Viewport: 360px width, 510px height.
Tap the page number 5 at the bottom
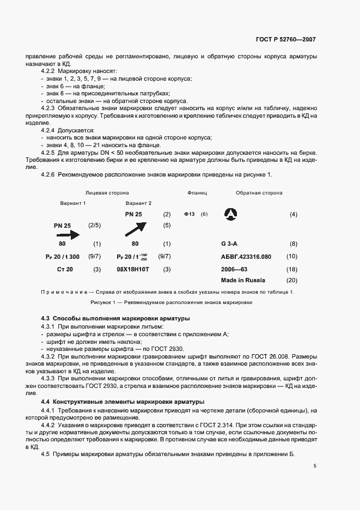pos(315,466)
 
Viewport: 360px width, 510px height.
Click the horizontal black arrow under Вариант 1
pos(67,235)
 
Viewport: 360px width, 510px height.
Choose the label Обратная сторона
pos(259,193)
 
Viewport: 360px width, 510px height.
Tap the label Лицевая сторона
pos(107,193)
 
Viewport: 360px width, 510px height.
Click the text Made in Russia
pos(243,280)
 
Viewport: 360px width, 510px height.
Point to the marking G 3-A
pos(231,244)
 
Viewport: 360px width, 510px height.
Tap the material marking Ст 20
pos(65,269)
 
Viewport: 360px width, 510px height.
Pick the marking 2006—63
pos(235,269)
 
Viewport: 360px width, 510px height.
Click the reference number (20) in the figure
pos(292,281)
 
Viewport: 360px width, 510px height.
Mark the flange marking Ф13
pos(190,215)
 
